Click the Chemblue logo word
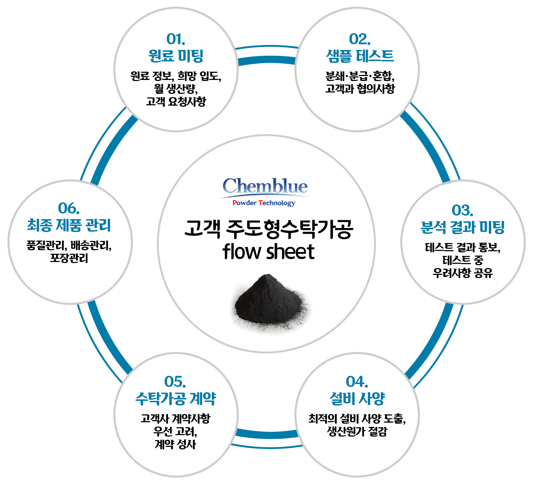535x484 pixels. click(x=265, y=186)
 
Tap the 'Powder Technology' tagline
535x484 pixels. click(x=264, y=203)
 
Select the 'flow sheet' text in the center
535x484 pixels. click(x=268, y=252)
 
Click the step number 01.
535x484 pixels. click(x=175, y=39)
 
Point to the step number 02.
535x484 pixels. click(x=360, y=39)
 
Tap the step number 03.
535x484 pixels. click(x=462, y=210)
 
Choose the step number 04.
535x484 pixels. click(x=357, y=382)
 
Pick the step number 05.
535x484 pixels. click(x=175, y=382)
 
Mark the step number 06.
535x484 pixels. click(x=68, y=208)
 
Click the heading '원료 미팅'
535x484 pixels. click(x=176, y=56)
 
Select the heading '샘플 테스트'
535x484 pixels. click(x=360, y=56)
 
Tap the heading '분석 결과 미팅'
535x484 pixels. click(x=463, y=227)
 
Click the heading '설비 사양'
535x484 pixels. click(x=357, y=398)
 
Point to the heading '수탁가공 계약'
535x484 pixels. click(x=175, y=398)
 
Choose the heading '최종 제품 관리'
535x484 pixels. click(x=69, y=225)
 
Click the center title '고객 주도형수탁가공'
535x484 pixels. click(x=269, y=229)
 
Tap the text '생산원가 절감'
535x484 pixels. click(x=357, y=432)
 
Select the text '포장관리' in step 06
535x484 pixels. click(x=69, y=258)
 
